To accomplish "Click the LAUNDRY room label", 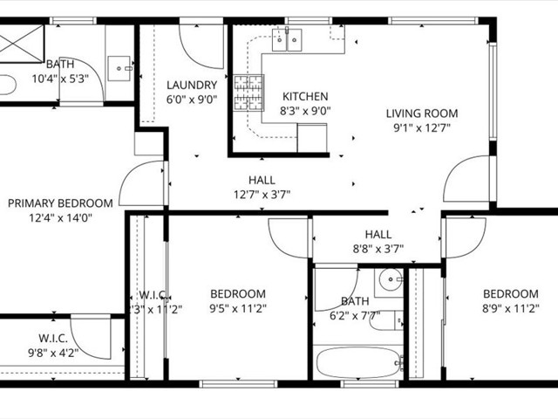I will pos(192,85).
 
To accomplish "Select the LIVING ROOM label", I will pos(423,113).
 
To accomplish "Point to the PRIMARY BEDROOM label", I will pos(61,203).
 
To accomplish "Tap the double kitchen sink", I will pos(287,38).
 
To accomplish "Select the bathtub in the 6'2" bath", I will pos(358,361).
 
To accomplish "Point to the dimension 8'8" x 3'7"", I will pos(378,249).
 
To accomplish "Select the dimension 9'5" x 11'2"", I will pos(237,307).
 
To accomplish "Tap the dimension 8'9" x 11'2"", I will pos(511,307).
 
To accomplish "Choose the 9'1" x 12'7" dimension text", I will pos(423,127).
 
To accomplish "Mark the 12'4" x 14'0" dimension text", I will pos(61,217).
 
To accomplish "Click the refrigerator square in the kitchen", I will pos(311,138).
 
